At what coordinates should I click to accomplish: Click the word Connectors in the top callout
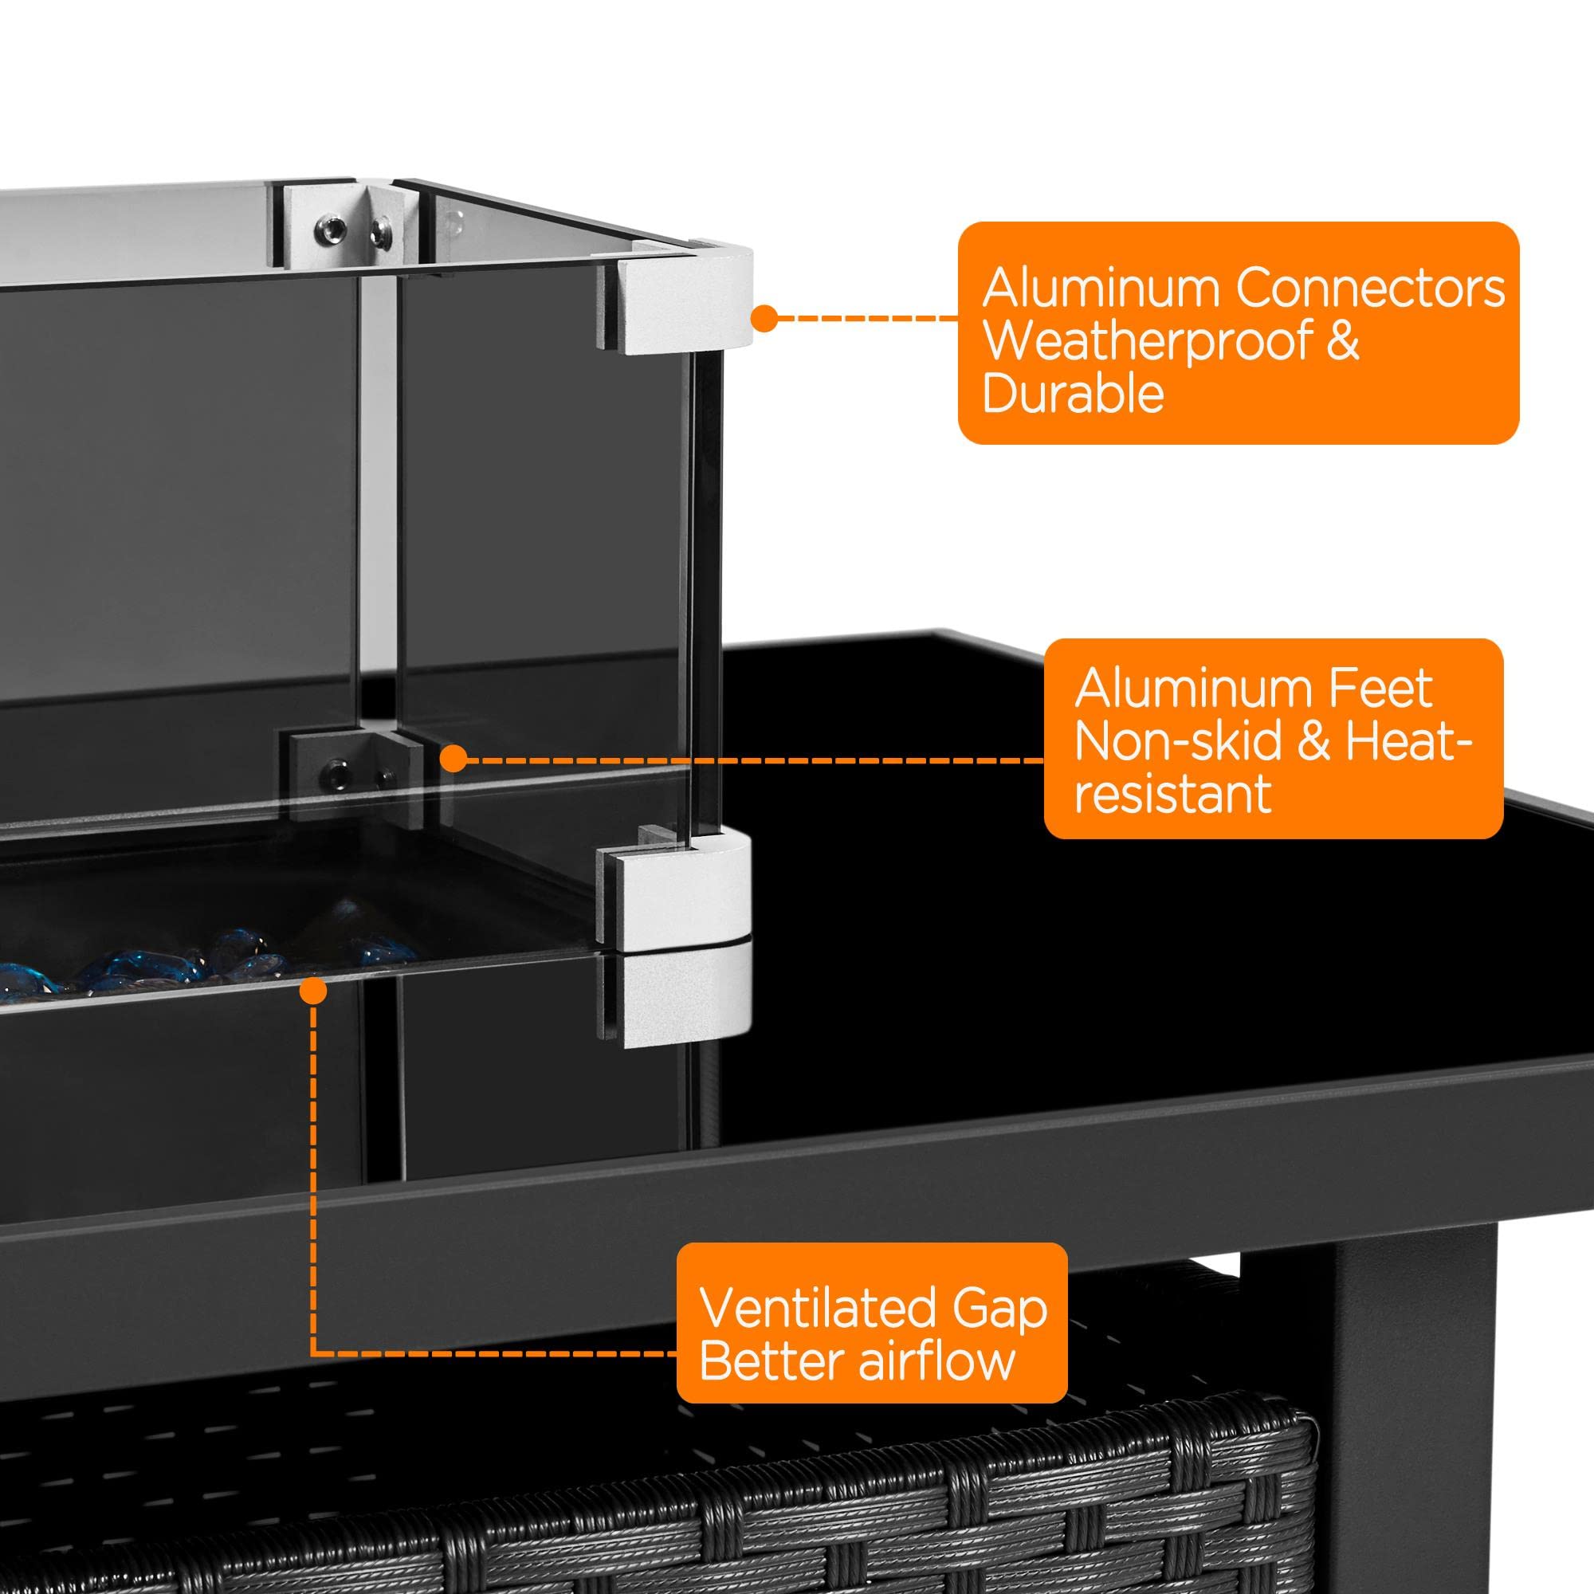click(1370, 288)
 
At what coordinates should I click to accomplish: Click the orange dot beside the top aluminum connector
click(765, 318)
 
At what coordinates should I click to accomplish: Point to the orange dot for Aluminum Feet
click(452, 758)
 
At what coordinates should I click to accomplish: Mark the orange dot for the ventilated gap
click(312, 991)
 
